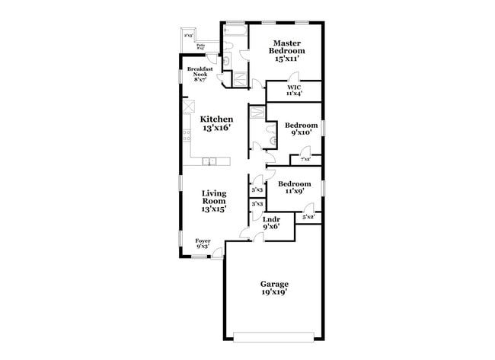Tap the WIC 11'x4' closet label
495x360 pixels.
[x=293, y=91]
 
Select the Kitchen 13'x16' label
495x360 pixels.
[x=216, y=124]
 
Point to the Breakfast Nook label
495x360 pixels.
[x=200, y=74]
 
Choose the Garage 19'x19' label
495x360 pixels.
[x=275, y=288]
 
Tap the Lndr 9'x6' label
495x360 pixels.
[x=271, y=222]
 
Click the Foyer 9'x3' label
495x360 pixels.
[x=203, y=244]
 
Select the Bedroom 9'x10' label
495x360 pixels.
[x=301, y=129]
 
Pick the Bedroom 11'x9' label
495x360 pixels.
[x=294, y=187]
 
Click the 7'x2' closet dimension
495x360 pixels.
[x=305, y=159]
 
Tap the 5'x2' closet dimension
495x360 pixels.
[x=308, y=218]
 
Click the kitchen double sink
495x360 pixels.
[x=210, y=161]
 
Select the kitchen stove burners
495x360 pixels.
[x=187, y=136]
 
